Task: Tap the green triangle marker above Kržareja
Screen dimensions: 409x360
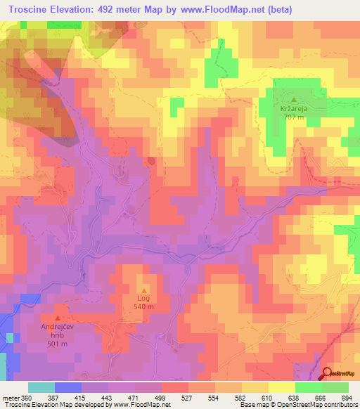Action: pos(294,100)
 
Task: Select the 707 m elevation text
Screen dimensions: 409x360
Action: pos(294,117)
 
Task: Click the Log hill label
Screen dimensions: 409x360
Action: pos(144,298)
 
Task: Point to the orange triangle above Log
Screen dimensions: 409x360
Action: pos(145,290)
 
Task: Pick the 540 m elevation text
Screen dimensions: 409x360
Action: pos(144,306)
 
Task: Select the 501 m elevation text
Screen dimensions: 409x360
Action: pos(58,344)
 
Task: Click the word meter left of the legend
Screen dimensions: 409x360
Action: pos(11,397)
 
